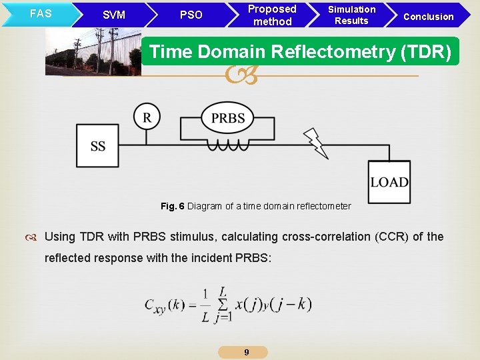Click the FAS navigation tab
tap(41, 13)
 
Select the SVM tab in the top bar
tap(114, 15)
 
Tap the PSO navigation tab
tap(191, 15)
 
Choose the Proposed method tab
tap(272, 15)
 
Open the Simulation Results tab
tap(351, 15)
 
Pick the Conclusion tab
tap(429, 16)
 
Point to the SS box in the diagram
tap(98, 146)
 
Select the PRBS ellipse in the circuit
tap(228, 119)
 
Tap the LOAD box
tap(389, 182)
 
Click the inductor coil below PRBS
tap(227, 145)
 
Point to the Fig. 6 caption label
tap(172, 206)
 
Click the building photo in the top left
tap(93, 51)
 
